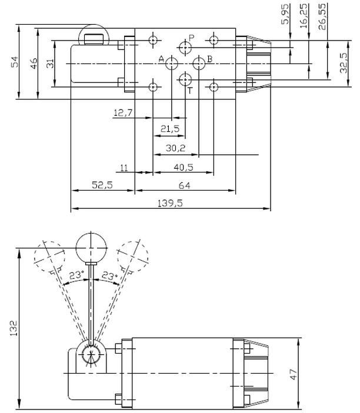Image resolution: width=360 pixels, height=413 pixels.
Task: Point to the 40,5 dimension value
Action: pos(184,167)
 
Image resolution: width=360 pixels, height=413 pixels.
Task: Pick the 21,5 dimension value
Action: pos(171,129)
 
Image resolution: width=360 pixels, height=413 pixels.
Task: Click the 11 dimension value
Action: pos(124,168)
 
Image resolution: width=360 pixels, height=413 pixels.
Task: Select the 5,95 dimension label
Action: pos(286,13)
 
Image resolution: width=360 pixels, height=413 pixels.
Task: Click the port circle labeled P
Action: pos(186,46)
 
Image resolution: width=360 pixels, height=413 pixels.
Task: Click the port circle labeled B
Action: pos(199,63)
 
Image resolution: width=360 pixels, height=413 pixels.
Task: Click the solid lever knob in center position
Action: pos(91,245)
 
